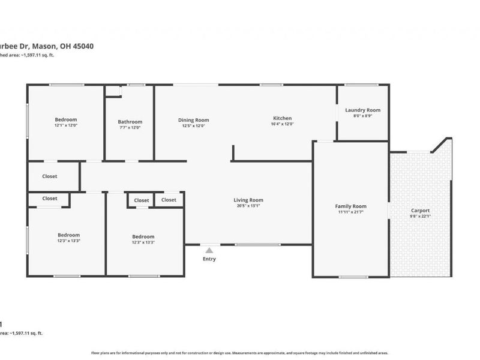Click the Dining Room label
click(x=193, y=120)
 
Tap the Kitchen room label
click(x=283, y=118)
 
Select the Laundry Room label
click(x=362, y=110)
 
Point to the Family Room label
click(x=350, y=206)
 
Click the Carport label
click(x=420, y=211)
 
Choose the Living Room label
click(x=248, y=200)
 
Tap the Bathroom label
click(x=130, y=122)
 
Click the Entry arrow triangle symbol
click(x=209, y=250)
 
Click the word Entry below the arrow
click(x=209, y=259)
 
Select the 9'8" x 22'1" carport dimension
click(x=420, y=217)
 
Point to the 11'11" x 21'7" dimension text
click(x=350, y=212)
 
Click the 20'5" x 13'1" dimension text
click(x=248, y=206)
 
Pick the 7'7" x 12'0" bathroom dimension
click(x=130, y=127)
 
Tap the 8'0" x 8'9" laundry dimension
click(x=362, y=116)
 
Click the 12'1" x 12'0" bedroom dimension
click(x=66, y=125)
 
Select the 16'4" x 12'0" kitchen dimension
click(x=283, y=124)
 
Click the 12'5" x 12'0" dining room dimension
click(x=193, y=126)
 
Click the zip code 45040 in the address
click(x=82, y=46)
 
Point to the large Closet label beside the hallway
click(x=50, y=176)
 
